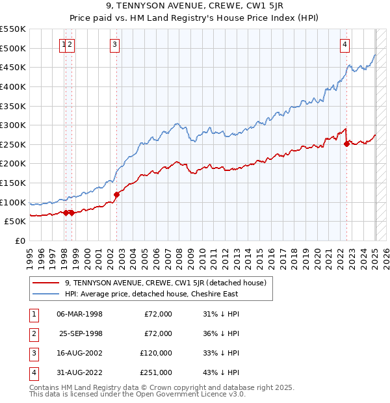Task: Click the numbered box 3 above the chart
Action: [114, 45]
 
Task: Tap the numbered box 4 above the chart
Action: [344, 45]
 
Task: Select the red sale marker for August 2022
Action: [346, 144]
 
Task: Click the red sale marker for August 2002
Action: [117, 194]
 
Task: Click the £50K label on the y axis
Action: [16, 222]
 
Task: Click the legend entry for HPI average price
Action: [151, 294]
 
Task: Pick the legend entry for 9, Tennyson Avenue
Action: [166, 283]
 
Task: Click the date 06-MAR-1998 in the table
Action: [80, 314]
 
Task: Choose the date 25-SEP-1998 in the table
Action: [81, 333]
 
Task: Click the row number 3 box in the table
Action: [32, 353]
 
